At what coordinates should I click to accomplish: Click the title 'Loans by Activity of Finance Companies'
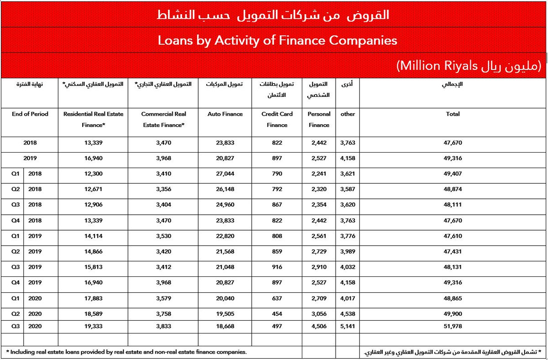tap(277, 40)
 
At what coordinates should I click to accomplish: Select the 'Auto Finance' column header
tap(225, 114)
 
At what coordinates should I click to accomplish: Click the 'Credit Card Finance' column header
tap(277, 119)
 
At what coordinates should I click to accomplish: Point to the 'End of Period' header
tap(30, 114)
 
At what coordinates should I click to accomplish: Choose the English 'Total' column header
tap(453, 114)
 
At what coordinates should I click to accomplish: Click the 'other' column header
tap(348, 114)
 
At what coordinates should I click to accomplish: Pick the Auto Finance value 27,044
tap(225, 174)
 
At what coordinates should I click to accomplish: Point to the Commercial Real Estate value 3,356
tap(163, 189)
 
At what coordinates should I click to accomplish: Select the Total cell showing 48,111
tap(453, 205)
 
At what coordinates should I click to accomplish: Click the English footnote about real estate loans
tap(127, 352)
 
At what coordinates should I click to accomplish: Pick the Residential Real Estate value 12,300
tap(93, 174)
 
